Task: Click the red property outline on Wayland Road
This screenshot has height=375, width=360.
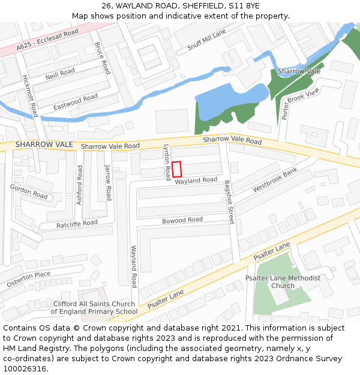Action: pos(177,169)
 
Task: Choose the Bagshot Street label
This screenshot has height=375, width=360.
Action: pos(229,202)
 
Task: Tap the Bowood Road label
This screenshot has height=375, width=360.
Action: pos(182,220)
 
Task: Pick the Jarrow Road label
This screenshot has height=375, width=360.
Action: pos(108,182)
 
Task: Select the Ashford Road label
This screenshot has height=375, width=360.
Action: pos(79,185)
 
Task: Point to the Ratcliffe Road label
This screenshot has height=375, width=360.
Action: pos(77,224)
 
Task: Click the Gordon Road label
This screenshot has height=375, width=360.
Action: pos(29,191)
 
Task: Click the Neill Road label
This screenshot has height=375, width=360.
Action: pos(60,74)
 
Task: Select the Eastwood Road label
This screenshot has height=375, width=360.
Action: pos(75,102)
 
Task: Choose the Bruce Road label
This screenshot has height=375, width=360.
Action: pos(103,58)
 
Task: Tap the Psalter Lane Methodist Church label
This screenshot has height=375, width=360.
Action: pos(283,281)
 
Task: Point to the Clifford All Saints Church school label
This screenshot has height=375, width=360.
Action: pos(94,307)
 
